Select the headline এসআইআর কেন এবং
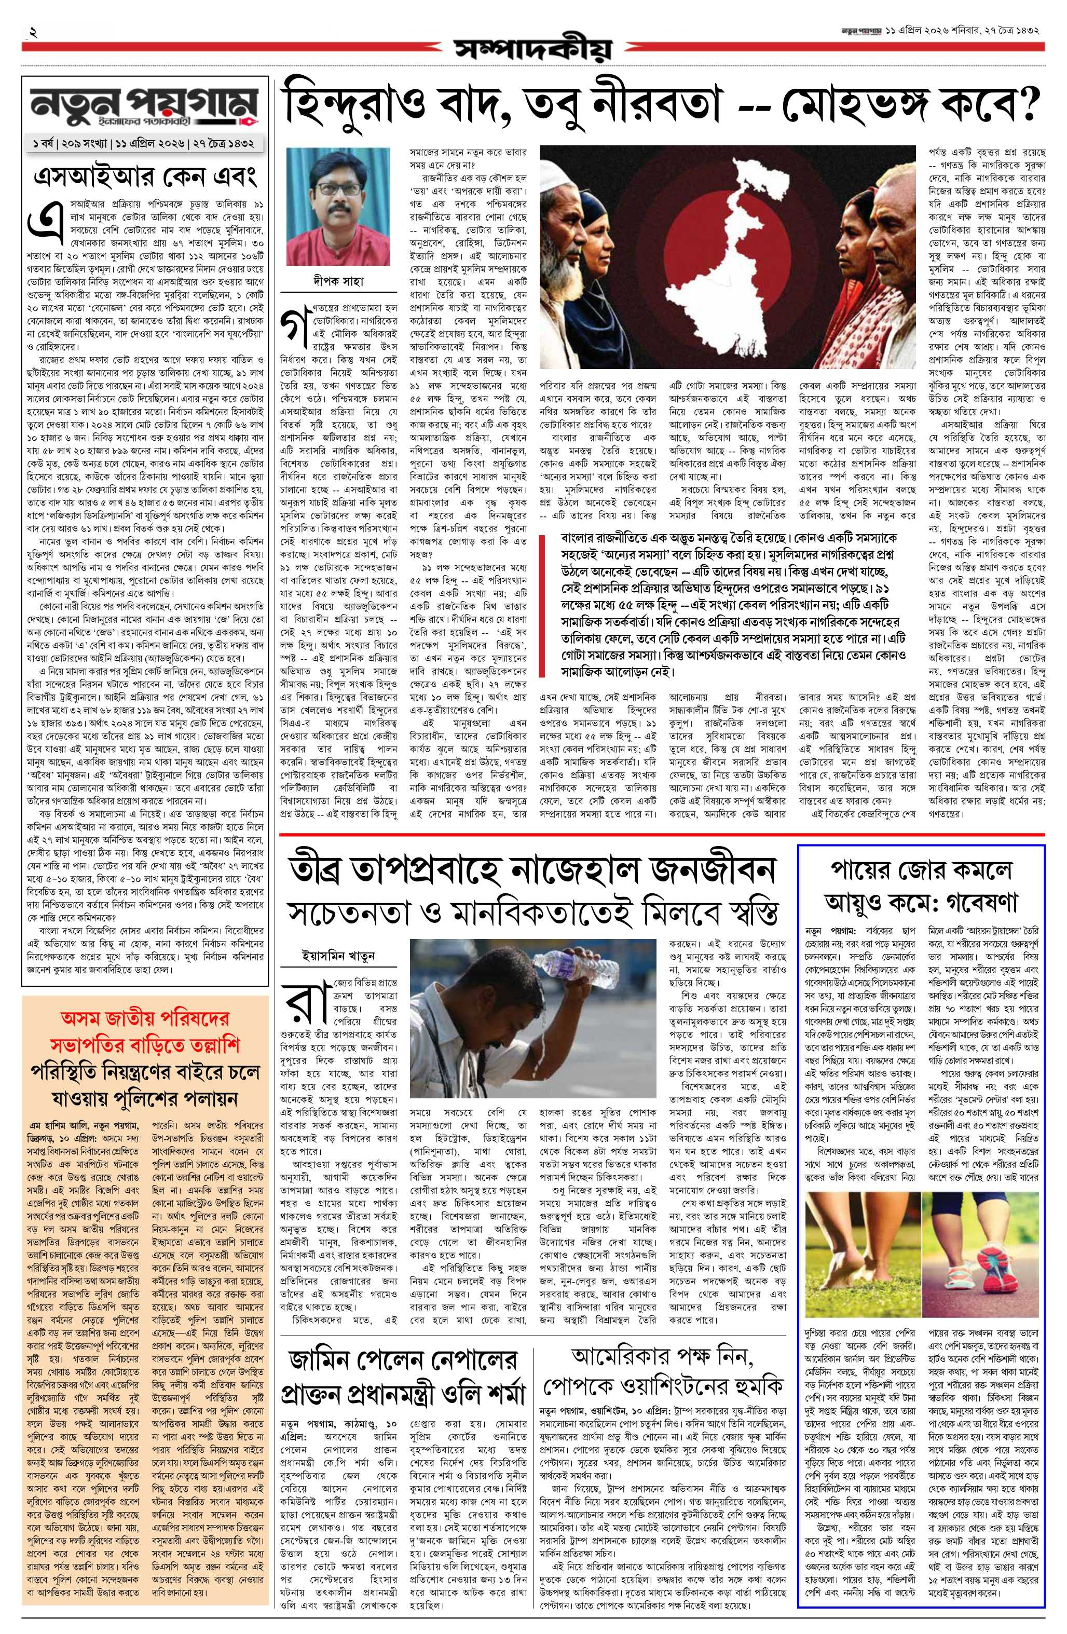(x=145, y=178)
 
